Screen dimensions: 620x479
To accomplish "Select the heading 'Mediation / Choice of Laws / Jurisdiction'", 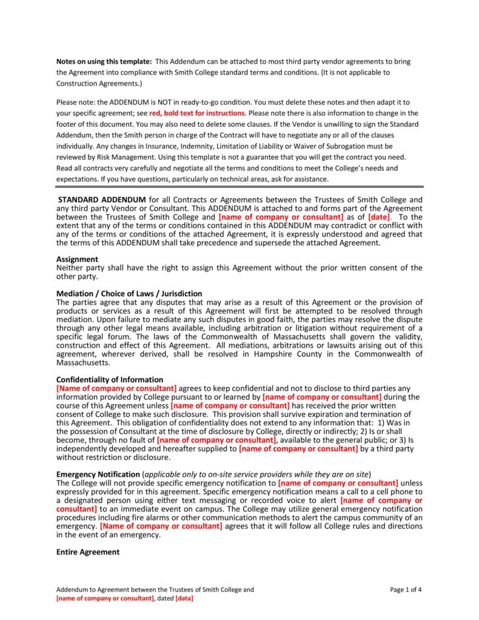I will click(x=129, y=294).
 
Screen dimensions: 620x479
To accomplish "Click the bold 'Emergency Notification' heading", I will click(x=98, y=474).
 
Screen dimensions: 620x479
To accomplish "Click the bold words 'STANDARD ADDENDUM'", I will click(x=101, y=200).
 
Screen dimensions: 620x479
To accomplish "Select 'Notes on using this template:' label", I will click(x=104, y=62).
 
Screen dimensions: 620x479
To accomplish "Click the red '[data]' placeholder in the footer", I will click(x=184, y=598).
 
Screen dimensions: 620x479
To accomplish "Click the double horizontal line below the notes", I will click(x=239, y=187).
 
